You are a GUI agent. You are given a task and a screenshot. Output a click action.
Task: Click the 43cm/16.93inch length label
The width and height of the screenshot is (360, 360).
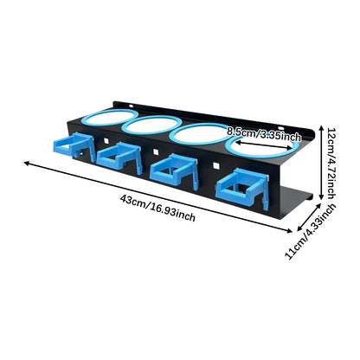(x=157, y=208)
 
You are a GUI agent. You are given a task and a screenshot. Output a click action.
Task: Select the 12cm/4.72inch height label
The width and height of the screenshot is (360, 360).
(x=331, y=163)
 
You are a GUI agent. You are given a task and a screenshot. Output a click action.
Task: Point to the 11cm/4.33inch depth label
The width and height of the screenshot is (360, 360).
(x=311, y=231)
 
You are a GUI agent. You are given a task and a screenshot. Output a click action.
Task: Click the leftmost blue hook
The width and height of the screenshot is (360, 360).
(x=74, y=145)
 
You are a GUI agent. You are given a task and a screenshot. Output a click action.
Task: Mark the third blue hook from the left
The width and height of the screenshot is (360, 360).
(x=174, y=171)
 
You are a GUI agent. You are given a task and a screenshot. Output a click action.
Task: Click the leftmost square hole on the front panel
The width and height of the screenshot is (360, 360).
(x=106, y=140)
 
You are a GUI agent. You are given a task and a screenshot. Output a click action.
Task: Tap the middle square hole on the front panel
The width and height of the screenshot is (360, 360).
(x=156, y=151)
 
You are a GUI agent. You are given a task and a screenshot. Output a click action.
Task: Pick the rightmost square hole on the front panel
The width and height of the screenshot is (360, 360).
(x=215, y=165)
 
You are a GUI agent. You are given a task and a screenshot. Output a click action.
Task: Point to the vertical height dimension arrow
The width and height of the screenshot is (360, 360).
(x=321, y=163)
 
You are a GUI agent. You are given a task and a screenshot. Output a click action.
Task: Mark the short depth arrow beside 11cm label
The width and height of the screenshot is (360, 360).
(x=309, y=216)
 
